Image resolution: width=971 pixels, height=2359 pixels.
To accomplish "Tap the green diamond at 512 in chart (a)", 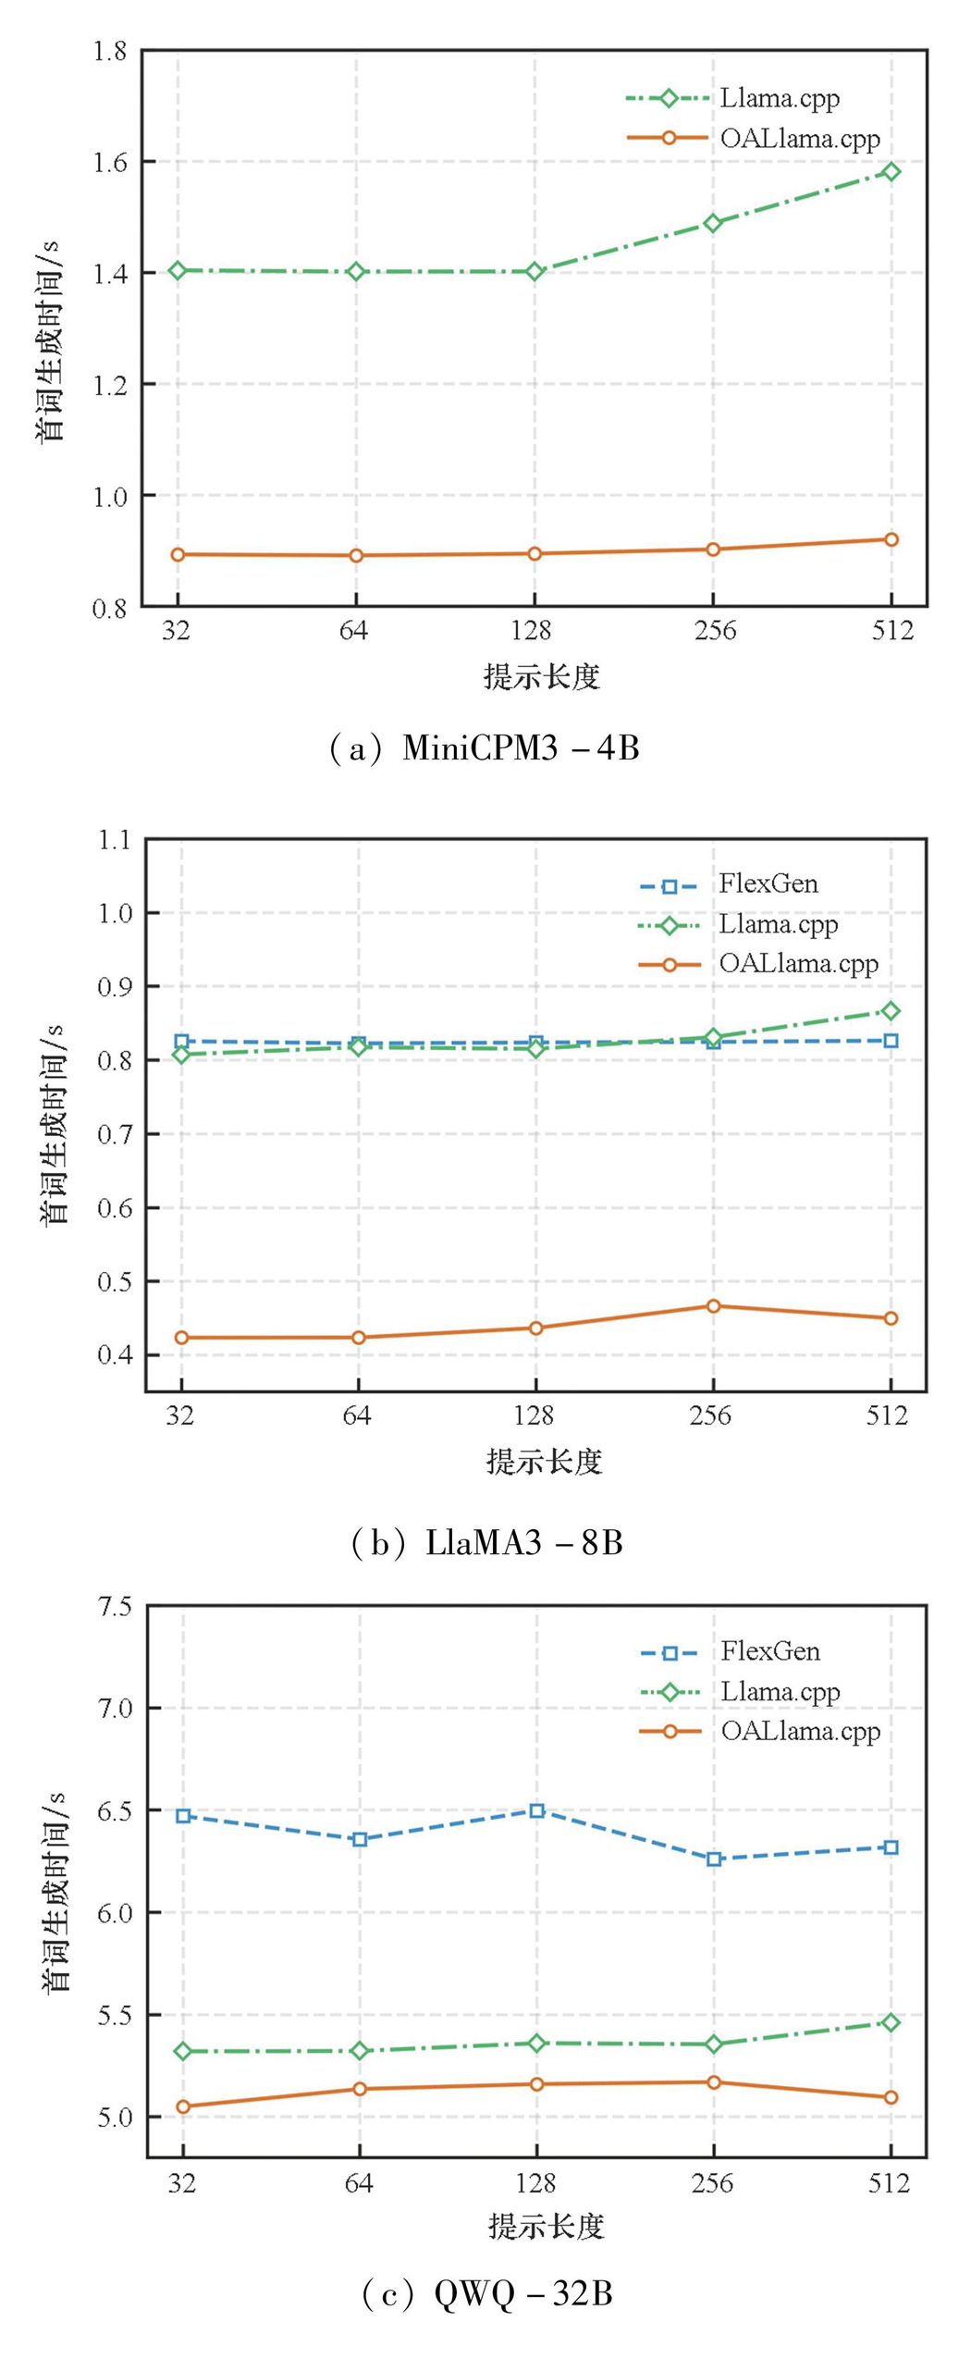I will (891, 171).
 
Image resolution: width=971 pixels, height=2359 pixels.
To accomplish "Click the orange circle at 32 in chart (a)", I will (178, 555).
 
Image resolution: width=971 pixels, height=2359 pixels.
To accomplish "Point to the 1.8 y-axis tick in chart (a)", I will (110, 51).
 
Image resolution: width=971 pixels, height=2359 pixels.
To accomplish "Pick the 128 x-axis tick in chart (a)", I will (533, 631).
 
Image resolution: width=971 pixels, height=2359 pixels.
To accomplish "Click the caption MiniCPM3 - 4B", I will (521, 747).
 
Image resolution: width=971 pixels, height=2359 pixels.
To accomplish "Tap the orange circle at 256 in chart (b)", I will (713, 1306).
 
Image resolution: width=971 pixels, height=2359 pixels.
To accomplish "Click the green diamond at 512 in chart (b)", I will (891, 1011).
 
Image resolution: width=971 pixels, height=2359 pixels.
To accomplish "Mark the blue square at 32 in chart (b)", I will (182, 1042).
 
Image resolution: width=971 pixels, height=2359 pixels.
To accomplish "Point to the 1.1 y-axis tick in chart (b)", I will (115, 840).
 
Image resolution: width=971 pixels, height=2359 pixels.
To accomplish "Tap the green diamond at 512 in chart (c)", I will (891, 2023).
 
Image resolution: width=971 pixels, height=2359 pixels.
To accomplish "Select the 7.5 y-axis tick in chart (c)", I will (115, 1607).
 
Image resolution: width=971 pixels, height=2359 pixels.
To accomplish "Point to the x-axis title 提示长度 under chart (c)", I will (546, 2226).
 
